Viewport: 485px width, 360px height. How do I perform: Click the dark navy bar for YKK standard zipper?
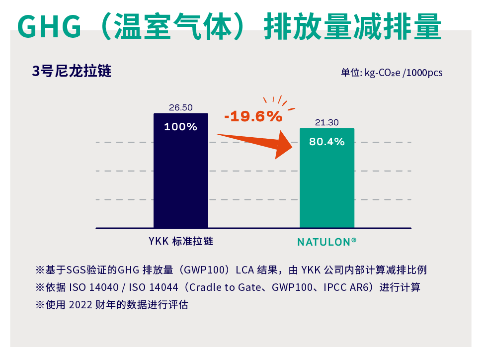click(180, 179)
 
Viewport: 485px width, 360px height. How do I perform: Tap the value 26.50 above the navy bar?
click(180, 107)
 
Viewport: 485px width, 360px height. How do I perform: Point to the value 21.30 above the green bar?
click(326, 122)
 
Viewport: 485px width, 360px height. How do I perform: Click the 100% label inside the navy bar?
click(180, 127)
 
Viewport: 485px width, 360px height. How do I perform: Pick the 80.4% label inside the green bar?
click(326, 142)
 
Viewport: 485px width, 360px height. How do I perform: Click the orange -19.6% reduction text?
click(253, 117)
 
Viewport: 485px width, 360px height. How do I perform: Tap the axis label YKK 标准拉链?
click(181, 242)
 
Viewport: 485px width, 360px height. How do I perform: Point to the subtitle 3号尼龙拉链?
click(72, 71)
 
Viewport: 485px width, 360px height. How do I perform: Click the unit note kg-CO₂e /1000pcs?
click(403, 73)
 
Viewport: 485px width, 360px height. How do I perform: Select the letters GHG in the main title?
click(49, 26)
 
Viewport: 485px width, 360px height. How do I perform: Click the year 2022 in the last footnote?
click(80, 305)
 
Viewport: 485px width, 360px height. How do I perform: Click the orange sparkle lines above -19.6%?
click(279, 101)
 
